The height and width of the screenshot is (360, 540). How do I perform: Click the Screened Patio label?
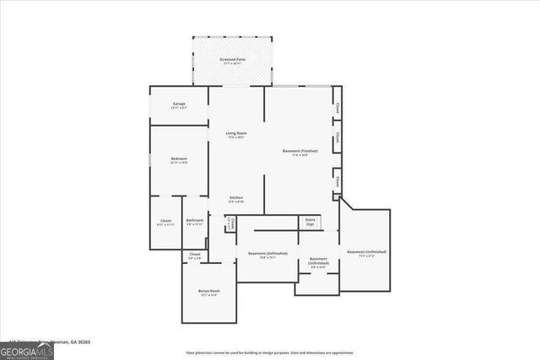click(x=232, y=59)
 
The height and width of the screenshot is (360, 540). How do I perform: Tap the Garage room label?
click(x=179, y=104)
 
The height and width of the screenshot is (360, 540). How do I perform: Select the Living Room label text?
click(x=235, y=133)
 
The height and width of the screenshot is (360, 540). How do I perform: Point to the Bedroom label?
click(x=179, y=159)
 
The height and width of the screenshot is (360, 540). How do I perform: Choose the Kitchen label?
click(x=236, y=198)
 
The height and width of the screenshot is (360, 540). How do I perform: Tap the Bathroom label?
click(x=195, y=221)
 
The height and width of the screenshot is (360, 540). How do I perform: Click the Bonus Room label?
click(x=208, y=290)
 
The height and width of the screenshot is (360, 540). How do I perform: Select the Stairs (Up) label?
click(x=310, y=221)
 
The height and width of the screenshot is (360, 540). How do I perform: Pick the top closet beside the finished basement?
click(x=337, y=107)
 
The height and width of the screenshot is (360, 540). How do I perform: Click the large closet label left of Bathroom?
click(x=165, y=221)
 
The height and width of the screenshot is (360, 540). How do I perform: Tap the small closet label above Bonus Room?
click(x=195, y=254)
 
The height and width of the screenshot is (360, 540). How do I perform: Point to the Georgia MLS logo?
click(x=27, y=350)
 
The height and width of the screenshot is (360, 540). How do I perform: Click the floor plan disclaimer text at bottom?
click(x=269, y=352)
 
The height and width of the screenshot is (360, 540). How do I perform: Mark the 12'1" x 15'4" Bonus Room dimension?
click(x=208, y=295)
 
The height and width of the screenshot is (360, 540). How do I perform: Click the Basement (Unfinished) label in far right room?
click(x=366, y=251)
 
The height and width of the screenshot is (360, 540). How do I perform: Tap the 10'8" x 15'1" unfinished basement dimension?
click(x=267, y=258)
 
